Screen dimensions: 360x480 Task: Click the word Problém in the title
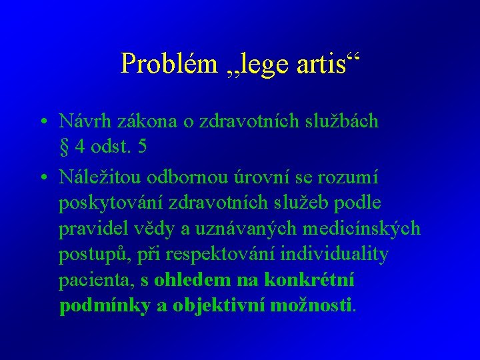coord(168,63)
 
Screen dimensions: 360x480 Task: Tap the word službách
coord(336,121)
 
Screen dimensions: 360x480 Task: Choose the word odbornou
coord(201,177)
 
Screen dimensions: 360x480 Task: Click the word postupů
coord(91,255)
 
